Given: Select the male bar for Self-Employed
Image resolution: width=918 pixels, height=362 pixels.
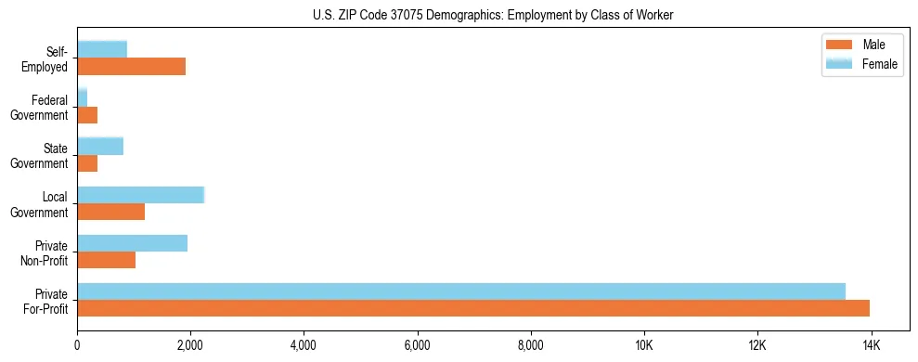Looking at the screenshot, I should coord(131,67).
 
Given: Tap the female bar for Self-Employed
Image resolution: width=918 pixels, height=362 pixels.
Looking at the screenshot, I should coord(102,49).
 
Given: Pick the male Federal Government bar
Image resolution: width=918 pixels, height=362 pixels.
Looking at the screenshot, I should coord(87,115).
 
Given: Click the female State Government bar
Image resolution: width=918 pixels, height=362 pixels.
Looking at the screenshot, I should coord(100,146).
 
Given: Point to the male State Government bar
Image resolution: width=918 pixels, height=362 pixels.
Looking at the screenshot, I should coord(87,163).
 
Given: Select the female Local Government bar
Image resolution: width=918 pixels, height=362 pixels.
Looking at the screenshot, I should coord(140,194).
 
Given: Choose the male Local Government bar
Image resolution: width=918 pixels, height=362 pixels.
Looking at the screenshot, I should coord(110,212).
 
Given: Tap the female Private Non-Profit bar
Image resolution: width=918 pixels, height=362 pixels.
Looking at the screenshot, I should coord(132,242).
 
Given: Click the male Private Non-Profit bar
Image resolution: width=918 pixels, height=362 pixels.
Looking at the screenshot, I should coord(106,260).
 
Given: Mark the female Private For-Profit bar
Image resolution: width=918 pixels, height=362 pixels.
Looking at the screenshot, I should coord(460,291).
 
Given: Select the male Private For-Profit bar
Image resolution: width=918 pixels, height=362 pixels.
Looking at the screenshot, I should coord(472,308).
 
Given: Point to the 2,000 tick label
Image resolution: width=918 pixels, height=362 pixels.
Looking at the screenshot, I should coord(190,345).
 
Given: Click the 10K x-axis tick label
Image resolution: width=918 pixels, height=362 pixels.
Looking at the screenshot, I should coord(644,345).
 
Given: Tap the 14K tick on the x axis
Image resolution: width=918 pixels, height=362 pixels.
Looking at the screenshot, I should coord(871,345).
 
